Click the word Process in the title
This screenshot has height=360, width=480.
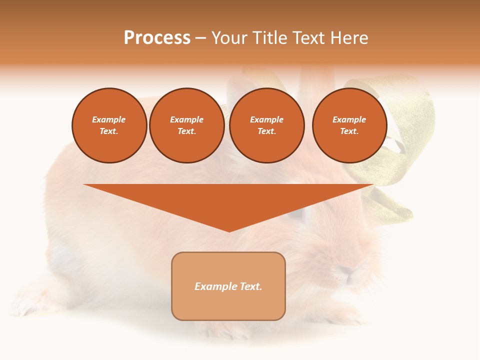pos(157,38)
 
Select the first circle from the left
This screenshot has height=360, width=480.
pos(109,125)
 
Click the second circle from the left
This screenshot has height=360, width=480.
pos(186,125)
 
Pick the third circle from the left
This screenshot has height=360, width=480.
pos(266,125)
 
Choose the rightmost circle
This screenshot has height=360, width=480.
pos(349,125)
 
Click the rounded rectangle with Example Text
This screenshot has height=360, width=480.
pos(228,286)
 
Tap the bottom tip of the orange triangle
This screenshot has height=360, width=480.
pos(229,230)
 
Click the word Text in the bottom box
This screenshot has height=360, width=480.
pos(249,286)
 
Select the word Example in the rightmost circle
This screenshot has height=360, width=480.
pos(349,119)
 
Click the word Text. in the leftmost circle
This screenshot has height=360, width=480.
pos(109,131)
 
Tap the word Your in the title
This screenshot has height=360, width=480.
pos(229,38)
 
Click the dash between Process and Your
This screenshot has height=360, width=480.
pos(200,38)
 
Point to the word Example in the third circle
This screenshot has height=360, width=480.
pos(266,119)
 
